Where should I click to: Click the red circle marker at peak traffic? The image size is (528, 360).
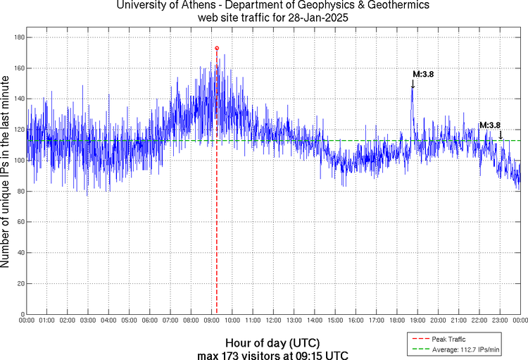(x=217, y=48)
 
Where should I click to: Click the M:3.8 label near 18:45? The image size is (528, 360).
(x=422, y=73)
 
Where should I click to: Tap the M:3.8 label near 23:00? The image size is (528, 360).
(x=489, y=125)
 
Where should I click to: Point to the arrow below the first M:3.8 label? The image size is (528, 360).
(x=413, y=84)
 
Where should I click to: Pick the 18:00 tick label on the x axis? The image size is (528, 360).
(x=397, y=321)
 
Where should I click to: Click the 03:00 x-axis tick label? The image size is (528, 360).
(x=88, y=321)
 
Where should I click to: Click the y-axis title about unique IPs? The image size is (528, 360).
(x=7, y=173)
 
